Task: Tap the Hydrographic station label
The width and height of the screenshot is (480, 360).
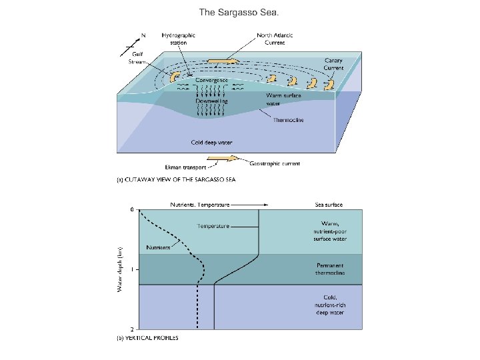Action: click(x=179, y=38)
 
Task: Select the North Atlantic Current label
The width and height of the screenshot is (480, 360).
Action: click(x=275, y=38)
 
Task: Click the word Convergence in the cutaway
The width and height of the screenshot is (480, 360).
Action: click(x=212, y=80)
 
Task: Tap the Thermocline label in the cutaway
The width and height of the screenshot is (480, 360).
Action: click(x=289, y=121)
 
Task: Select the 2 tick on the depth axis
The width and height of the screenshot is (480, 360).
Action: click(x=132, y=330)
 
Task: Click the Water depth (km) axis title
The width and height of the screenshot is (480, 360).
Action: click(x=120, y=269)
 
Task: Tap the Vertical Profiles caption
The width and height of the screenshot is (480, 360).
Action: click(x=148, y=338)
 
